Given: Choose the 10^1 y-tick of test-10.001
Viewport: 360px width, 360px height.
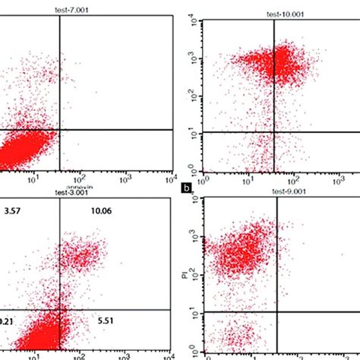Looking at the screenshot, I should click(194, 134).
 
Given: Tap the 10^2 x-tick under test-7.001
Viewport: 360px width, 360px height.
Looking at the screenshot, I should click(78, 179).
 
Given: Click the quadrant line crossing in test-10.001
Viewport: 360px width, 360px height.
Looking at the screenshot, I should click(274, 133).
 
